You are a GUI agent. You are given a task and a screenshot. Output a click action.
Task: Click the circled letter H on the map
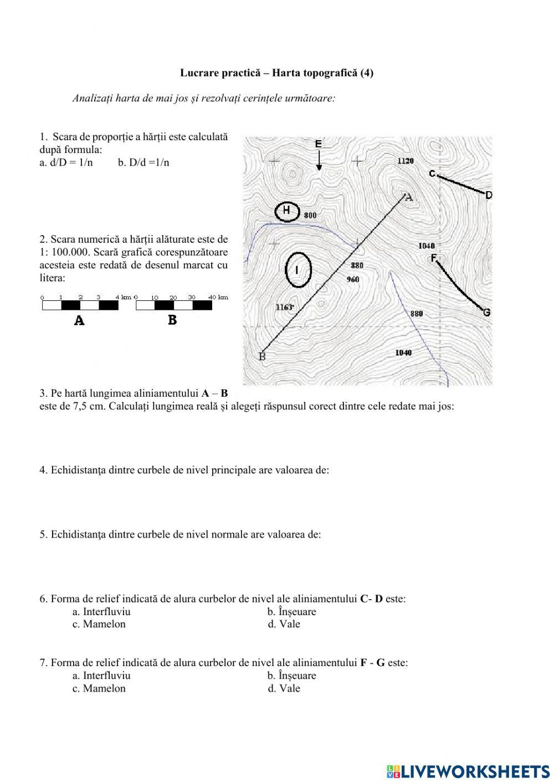[x=287, y=211]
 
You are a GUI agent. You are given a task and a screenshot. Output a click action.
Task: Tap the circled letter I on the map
[x=298, y=270]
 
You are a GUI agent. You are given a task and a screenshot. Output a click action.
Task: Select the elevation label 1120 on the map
[x=406, y=161]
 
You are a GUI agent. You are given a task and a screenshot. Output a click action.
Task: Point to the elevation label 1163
[x=284, y=306]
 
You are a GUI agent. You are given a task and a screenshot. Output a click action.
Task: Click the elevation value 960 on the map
[x=353, y=279]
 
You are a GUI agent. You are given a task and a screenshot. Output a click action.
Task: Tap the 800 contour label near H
[x=310, y=215]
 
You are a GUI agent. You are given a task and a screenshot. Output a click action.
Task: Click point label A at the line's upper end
[x=409, y=197]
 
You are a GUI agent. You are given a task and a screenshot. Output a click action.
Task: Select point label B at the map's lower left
[x=263, y=356]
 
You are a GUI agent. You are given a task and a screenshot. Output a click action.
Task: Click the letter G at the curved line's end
[x=486, y=313]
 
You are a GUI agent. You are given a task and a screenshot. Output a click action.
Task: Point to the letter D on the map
[x=489, y=195]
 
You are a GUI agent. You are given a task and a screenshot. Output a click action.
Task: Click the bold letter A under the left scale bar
[x=79, y=320]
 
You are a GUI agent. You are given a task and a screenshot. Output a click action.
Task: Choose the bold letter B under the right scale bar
[x=172, y=320]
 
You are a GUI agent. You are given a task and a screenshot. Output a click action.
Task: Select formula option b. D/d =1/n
[x=143, y=162]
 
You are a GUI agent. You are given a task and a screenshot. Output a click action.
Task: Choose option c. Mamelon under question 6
[x=99, y=624]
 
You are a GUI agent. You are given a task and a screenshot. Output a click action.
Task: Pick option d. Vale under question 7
[x=284, y=688]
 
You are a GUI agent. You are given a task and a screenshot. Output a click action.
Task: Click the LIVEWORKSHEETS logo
[x=468, y=771]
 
